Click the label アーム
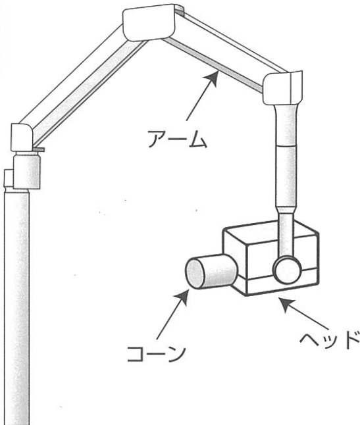[x=178, y=139]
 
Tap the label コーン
[x=157, y=353]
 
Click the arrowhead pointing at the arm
[x=212, y=78]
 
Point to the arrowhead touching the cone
[x=182, y=297]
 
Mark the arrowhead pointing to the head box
[x=288, y=304]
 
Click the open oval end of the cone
[x=195, y=273]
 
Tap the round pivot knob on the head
[x=288, y=270]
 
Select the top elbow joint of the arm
[x=149, y=22]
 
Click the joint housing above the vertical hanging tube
[x=282, y=88]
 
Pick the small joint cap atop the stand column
[x=22, y=137]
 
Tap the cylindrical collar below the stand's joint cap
[x=27, y=170]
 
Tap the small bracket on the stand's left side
[x=8, y=178]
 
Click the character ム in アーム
[x=198, y=139]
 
